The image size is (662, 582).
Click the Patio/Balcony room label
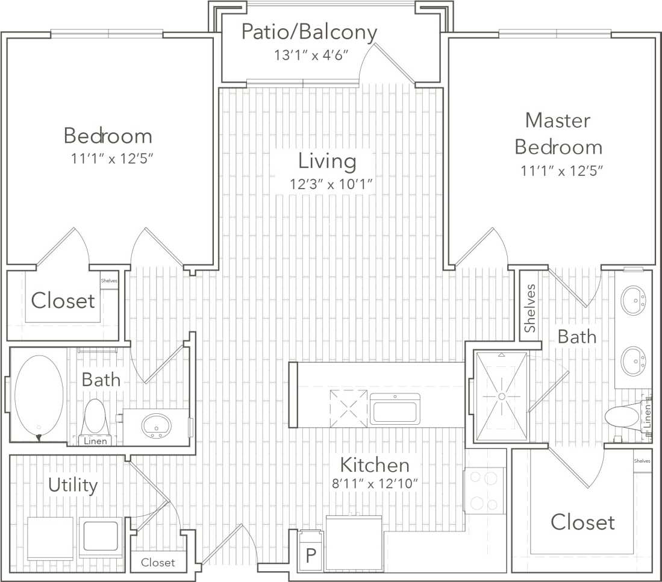click(x=309, y=32)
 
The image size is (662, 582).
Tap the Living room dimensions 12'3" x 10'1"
click(x=328, y=184)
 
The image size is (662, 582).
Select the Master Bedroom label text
click(x=558, y=134)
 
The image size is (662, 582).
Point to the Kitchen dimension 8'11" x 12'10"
click(x=379, y=484)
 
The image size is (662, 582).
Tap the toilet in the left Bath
click(x=95, y=416)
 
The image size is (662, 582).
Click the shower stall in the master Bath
click(x=501, y=396)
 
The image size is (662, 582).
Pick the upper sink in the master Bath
click(x=633, y=301)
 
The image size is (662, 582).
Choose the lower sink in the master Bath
click(x=633, y=360)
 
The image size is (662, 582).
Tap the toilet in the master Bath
click(x=623, y=418)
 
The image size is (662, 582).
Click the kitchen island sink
click(x=395, y=410)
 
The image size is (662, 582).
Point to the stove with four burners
click(x=484, y=490)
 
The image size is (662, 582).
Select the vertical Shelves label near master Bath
click(x=529, y=308)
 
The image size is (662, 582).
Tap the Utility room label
click(x=73, y=485)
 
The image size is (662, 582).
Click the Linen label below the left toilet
click(x=95, y=442)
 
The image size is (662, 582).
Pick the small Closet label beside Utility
click(x=158, y=562)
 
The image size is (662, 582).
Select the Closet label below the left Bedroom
click(x=63, y=300)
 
